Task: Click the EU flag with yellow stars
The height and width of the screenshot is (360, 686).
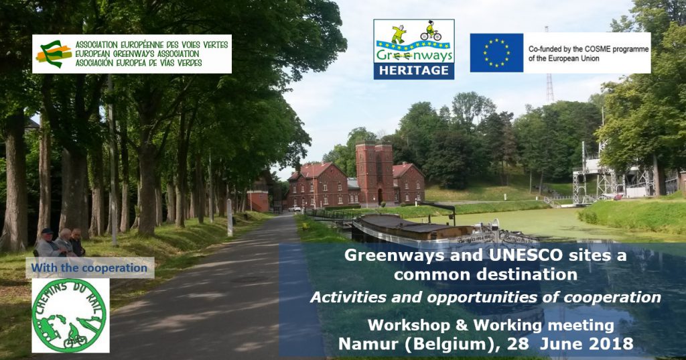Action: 496,52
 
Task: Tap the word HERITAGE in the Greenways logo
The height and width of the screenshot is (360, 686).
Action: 414,70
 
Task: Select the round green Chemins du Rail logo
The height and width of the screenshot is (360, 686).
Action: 70,315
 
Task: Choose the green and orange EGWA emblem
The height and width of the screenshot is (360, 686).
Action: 54,54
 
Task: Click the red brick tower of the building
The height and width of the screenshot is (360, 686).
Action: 375,173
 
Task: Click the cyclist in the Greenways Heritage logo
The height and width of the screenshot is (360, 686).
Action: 431,31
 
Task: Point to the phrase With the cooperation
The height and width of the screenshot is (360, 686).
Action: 89,267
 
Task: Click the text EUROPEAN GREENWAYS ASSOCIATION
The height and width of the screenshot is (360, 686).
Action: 137,54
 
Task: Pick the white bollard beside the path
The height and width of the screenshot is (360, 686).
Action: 230,217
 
